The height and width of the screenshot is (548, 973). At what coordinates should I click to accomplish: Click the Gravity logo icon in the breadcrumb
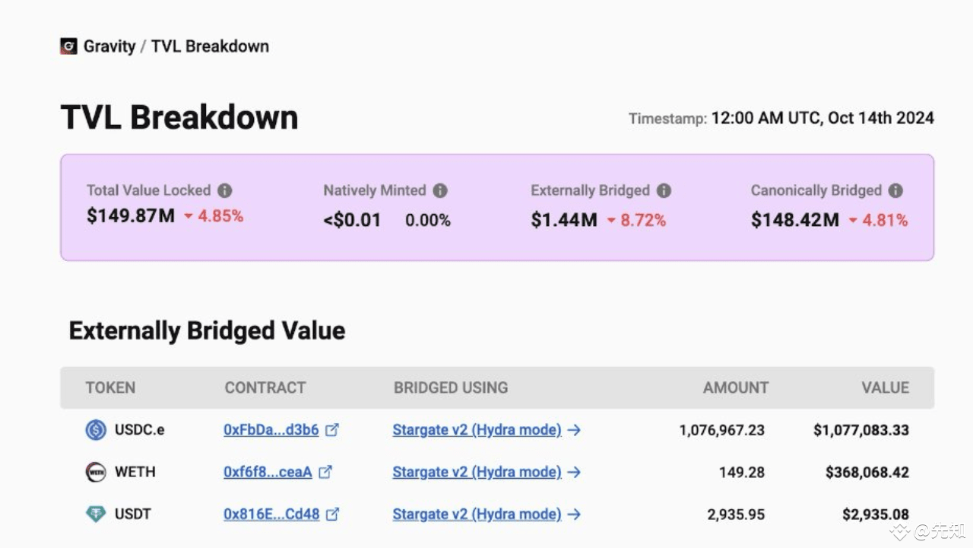pos(68,46)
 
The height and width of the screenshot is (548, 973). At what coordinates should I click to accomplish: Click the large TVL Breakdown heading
pos(179,118)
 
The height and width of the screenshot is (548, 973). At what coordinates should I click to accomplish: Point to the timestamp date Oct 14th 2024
pos(880,118)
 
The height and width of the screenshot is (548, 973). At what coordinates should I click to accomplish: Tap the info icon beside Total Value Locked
pos(225,191)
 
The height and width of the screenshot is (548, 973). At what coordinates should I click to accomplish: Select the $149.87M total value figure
pos(131,216)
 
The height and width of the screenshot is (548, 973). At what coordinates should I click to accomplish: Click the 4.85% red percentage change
pos(220,217)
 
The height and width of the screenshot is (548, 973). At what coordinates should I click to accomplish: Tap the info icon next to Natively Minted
pos(440,191)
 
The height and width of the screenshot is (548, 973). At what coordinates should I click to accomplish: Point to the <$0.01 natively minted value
pos(352,221)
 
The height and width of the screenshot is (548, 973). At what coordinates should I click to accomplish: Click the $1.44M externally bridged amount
pos(564,221)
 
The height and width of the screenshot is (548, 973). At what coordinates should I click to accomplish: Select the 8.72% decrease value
pos(643,221)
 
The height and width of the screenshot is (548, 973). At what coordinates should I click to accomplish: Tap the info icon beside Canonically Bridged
pos(895,191)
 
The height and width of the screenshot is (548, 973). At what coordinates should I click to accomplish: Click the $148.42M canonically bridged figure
pos(795,221)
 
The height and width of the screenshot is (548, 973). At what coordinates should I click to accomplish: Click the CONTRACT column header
pos(265,387)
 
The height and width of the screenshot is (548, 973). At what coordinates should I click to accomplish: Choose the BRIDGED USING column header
pos(451,387)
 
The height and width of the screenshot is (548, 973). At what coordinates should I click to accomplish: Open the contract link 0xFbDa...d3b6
pos(271,430)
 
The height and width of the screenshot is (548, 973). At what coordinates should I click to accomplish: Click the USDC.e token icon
pos(96,430)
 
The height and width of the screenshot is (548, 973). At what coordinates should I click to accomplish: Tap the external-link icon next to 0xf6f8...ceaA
pos(325,472)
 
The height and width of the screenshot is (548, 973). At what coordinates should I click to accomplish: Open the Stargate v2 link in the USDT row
pos(477,515)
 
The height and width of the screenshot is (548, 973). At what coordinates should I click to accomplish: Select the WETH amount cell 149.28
pos(741,472)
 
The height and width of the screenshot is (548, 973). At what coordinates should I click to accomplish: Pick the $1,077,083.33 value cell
pos(860,430)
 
